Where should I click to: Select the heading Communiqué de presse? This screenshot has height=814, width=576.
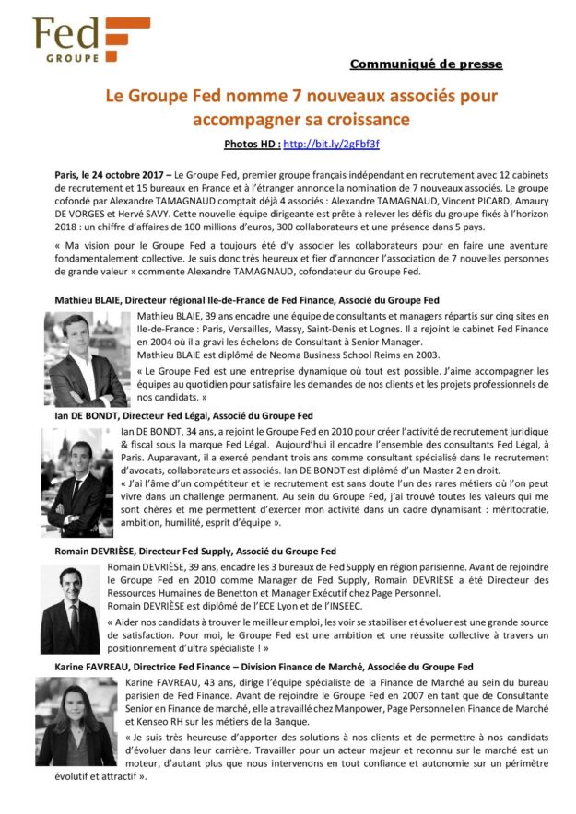pos(426,64)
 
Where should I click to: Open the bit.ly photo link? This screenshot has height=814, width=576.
pos(332,145)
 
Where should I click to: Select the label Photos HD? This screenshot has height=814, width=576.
pos(251,145)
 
